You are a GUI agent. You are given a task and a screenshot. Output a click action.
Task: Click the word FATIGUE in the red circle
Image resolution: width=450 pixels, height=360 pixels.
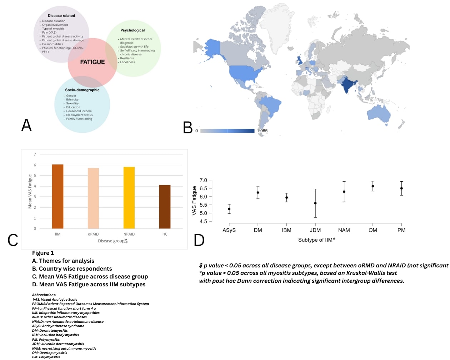(92, 62)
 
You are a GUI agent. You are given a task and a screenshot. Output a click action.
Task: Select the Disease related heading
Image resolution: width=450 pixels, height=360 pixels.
(61, 16)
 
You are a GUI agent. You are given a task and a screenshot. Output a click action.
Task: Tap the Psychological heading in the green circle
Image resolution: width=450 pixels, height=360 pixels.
(132, 30)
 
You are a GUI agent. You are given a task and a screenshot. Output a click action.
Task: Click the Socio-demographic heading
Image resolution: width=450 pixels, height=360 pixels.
(82, 90)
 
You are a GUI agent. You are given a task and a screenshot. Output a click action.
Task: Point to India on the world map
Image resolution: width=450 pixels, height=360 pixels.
(347, 85)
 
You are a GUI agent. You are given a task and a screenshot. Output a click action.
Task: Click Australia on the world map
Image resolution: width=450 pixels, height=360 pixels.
(379, 114)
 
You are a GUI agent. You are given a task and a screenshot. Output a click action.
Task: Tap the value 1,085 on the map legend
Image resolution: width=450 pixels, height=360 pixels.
(262, 131)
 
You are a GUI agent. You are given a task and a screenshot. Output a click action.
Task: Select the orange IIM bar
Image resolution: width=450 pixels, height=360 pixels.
(57, 196)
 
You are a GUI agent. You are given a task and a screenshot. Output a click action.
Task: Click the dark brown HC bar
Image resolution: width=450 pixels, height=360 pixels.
(165, 207)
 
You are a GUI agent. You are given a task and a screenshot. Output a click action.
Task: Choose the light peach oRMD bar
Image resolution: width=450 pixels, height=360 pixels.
(93, 198)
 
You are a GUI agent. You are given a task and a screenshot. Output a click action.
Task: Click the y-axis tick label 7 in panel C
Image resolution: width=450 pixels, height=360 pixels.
(35, 154)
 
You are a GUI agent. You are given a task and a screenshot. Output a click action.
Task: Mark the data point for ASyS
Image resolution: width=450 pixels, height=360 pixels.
(229, 209)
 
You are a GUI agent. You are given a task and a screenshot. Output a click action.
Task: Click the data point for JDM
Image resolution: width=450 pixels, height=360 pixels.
(315, 203)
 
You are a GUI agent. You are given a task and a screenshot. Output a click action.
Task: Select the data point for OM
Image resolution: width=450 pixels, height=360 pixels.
(373, 186)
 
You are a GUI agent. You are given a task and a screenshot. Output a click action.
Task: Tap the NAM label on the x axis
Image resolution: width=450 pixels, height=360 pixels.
(344, 230)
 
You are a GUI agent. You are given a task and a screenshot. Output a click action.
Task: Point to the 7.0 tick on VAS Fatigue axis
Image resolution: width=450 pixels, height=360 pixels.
(203, 180)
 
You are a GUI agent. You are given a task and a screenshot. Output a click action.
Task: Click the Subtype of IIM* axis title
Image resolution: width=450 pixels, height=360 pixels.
(317, 240)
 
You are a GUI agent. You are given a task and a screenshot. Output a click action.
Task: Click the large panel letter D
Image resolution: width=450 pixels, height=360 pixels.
(199, 240)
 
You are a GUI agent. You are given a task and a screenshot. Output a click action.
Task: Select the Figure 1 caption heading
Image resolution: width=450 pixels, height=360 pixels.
(43, 253)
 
